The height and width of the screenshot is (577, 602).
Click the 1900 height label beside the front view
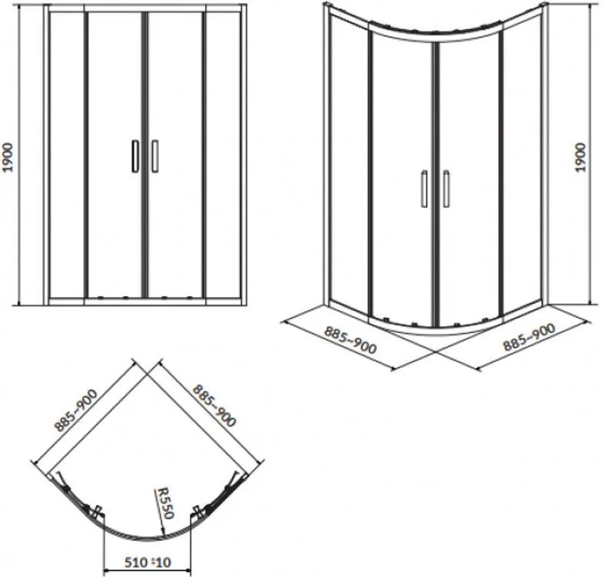(x=8, y=157)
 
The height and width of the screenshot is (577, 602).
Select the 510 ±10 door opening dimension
(x=147, y=562)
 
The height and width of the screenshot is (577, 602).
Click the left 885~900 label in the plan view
(x=77, y=410)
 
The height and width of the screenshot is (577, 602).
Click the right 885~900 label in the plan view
(x=213, y=405)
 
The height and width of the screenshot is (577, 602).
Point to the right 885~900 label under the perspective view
(x=529, y=338)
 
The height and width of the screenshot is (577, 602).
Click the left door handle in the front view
(x=135, y=157)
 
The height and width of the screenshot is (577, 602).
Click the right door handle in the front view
(x=155, y=157)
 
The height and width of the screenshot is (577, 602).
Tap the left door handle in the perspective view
(x=424, y=189)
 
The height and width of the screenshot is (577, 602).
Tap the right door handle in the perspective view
(x=446, y=189)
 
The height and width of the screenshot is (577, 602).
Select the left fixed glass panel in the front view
(x=66, y=154)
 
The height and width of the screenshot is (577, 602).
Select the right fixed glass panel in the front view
(x=223, y=154)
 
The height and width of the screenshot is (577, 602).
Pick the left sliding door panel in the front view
(x=115, y=154)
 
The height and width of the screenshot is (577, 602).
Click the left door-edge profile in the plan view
(x=98, y=513)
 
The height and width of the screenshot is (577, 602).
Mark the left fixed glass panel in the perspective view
(x=349, y=161)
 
